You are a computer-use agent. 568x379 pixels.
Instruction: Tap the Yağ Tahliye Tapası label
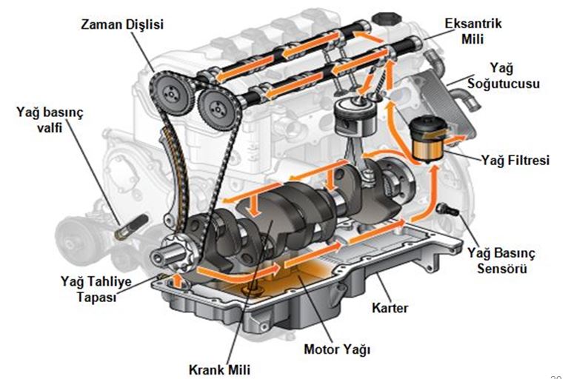tap(88, 288)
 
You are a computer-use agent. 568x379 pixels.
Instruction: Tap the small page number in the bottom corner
tap(556, 373)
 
